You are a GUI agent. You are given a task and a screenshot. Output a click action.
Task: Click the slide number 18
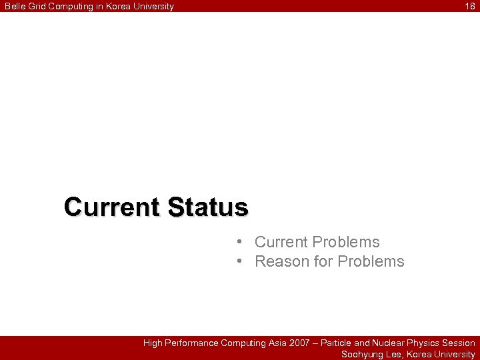tap(470, 6)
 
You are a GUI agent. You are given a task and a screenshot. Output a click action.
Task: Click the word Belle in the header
tap(14, 6)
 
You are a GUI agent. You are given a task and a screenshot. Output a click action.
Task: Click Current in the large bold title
tap(112, 207)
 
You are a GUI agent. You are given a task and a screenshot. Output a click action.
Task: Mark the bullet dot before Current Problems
tap(239, 242)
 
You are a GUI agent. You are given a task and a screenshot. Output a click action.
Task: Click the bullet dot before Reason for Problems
tap(239, 261)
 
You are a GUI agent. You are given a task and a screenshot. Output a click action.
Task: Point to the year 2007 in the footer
tap(299, 343)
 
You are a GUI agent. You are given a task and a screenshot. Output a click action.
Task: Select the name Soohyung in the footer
tap(362, 355)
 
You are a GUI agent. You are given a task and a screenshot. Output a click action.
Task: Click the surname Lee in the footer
tap(395, 355)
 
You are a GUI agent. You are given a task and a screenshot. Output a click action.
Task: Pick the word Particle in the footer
tap(336, 343)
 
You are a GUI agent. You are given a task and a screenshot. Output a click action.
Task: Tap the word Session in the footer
tap(459, 343)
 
